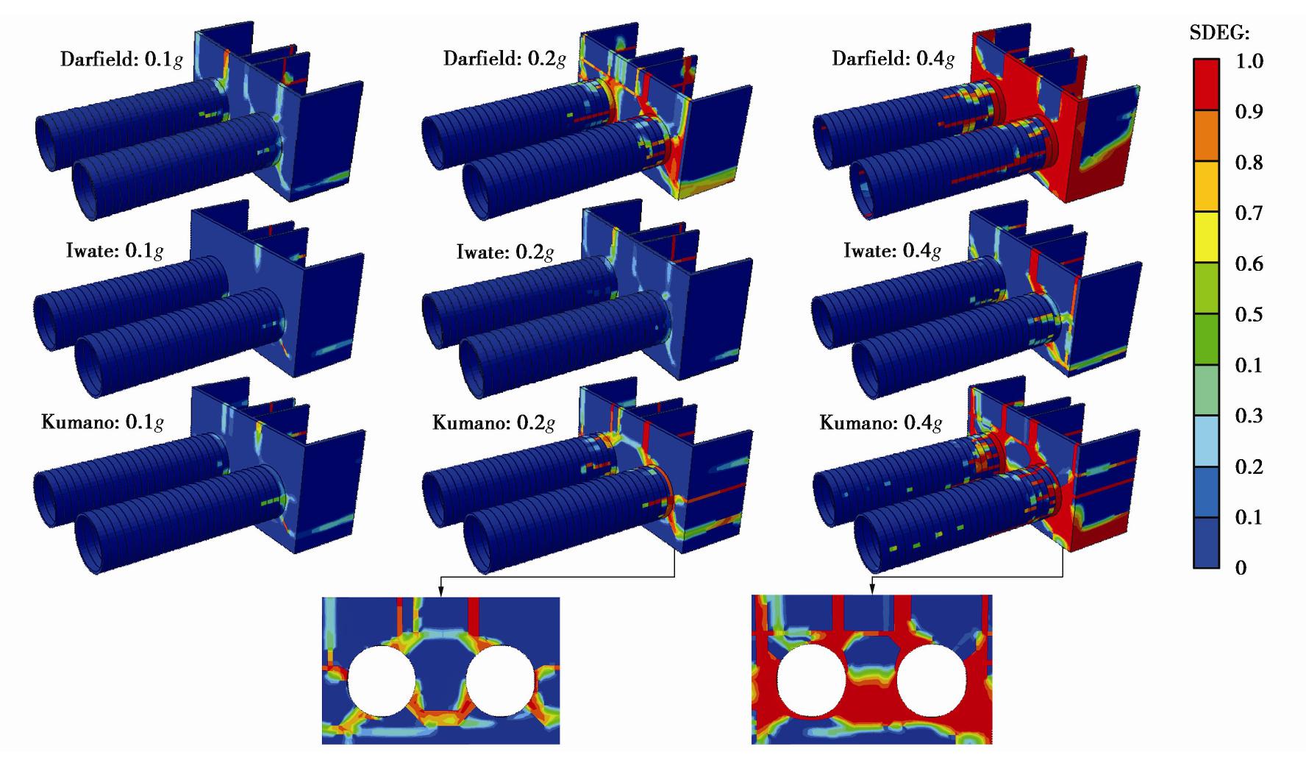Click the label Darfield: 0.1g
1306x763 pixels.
121,60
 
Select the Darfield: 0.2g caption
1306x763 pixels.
504,58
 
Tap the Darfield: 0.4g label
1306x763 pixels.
893,58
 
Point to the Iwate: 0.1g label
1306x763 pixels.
114,251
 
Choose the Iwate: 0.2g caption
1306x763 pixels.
504,252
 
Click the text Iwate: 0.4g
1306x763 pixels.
892,251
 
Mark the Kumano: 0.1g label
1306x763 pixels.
103,422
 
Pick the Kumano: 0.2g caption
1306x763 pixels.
493,423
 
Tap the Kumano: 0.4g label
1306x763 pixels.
881,423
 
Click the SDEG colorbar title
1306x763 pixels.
1220,33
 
